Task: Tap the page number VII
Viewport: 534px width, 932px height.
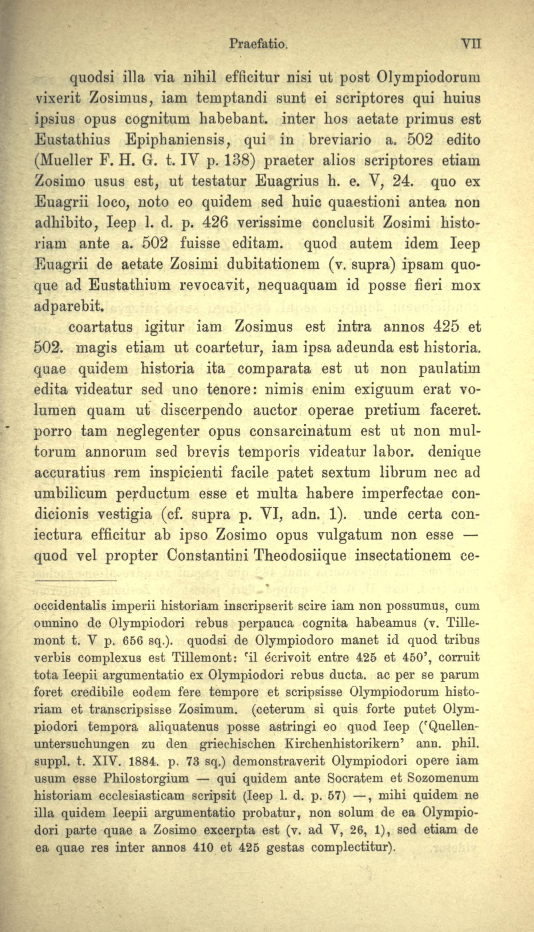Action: [x=471, y=44]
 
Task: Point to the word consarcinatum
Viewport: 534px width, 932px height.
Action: [x=300, y=431]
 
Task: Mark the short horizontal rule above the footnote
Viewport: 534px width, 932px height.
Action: [x=75, y=580]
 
